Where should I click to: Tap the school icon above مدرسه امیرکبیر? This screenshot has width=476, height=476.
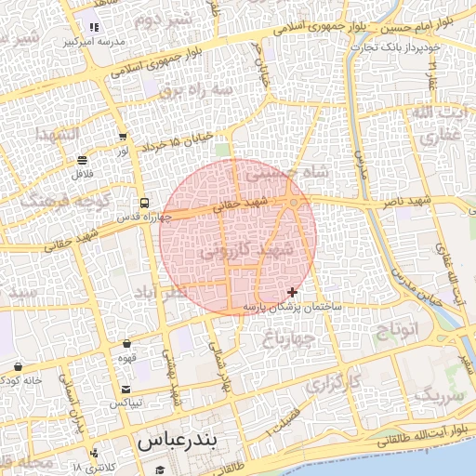coord(93,27)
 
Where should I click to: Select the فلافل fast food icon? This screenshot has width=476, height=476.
coord(83,160)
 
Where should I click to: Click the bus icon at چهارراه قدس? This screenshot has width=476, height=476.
coord(144,203)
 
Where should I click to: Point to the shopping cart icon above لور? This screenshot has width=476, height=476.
coord(123,136)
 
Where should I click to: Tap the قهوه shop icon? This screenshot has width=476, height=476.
coord(126,344)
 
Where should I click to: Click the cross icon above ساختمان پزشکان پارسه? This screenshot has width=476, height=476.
coord(293,292)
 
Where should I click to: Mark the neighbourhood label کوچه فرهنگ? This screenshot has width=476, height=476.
coord(78,201)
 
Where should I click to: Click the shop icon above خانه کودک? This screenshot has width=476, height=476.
coord(18,365)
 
